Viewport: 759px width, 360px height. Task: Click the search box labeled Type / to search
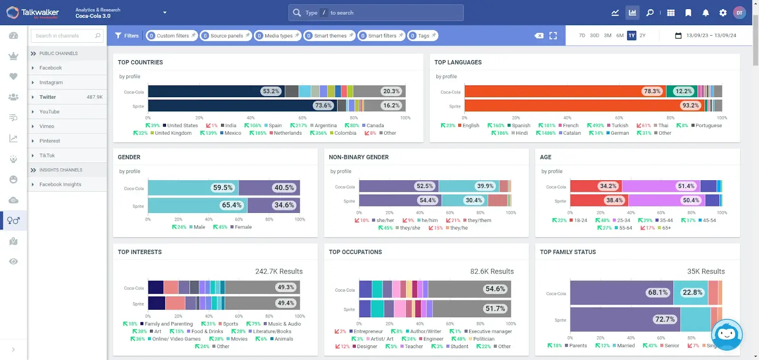(x=376, y=13)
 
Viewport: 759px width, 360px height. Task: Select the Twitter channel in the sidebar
(x=47, y=97)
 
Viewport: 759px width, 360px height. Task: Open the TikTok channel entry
(x=47, y=156)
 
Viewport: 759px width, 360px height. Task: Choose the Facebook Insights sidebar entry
(x=60, y=185)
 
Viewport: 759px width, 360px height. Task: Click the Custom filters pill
(x=172, y=36)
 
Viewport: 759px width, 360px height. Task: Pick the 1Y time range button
(x=631, y=36)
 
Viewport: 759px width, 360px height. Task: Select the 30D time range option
(x=594, y=36)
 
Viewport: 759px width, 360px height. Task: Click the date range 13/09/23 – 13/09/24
(x=711, y=36)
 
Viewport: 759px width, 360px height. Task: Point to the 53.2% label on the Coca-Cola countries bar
(x=271, y=91)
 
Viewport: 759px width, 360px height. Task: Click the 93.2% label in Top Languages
(x=690, y=105)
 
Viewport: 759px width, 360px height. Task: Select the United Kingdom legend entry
(x=173, y=133)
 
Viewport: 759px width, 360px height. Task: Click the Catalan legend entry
(x=572, y=133)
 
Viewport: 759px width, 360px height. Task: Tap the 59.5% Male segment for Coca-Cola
(x=222, y=188)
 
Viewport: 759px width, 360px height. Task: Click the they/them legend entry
(x=479, y=221)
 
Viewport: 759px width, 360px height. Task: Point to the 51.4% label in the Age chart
(x=686, y=186)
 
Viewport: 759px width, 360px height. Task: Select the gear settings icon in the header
(x=723, y=13)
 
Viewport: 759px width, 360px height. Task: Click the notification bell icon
(x=705, y=13)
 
